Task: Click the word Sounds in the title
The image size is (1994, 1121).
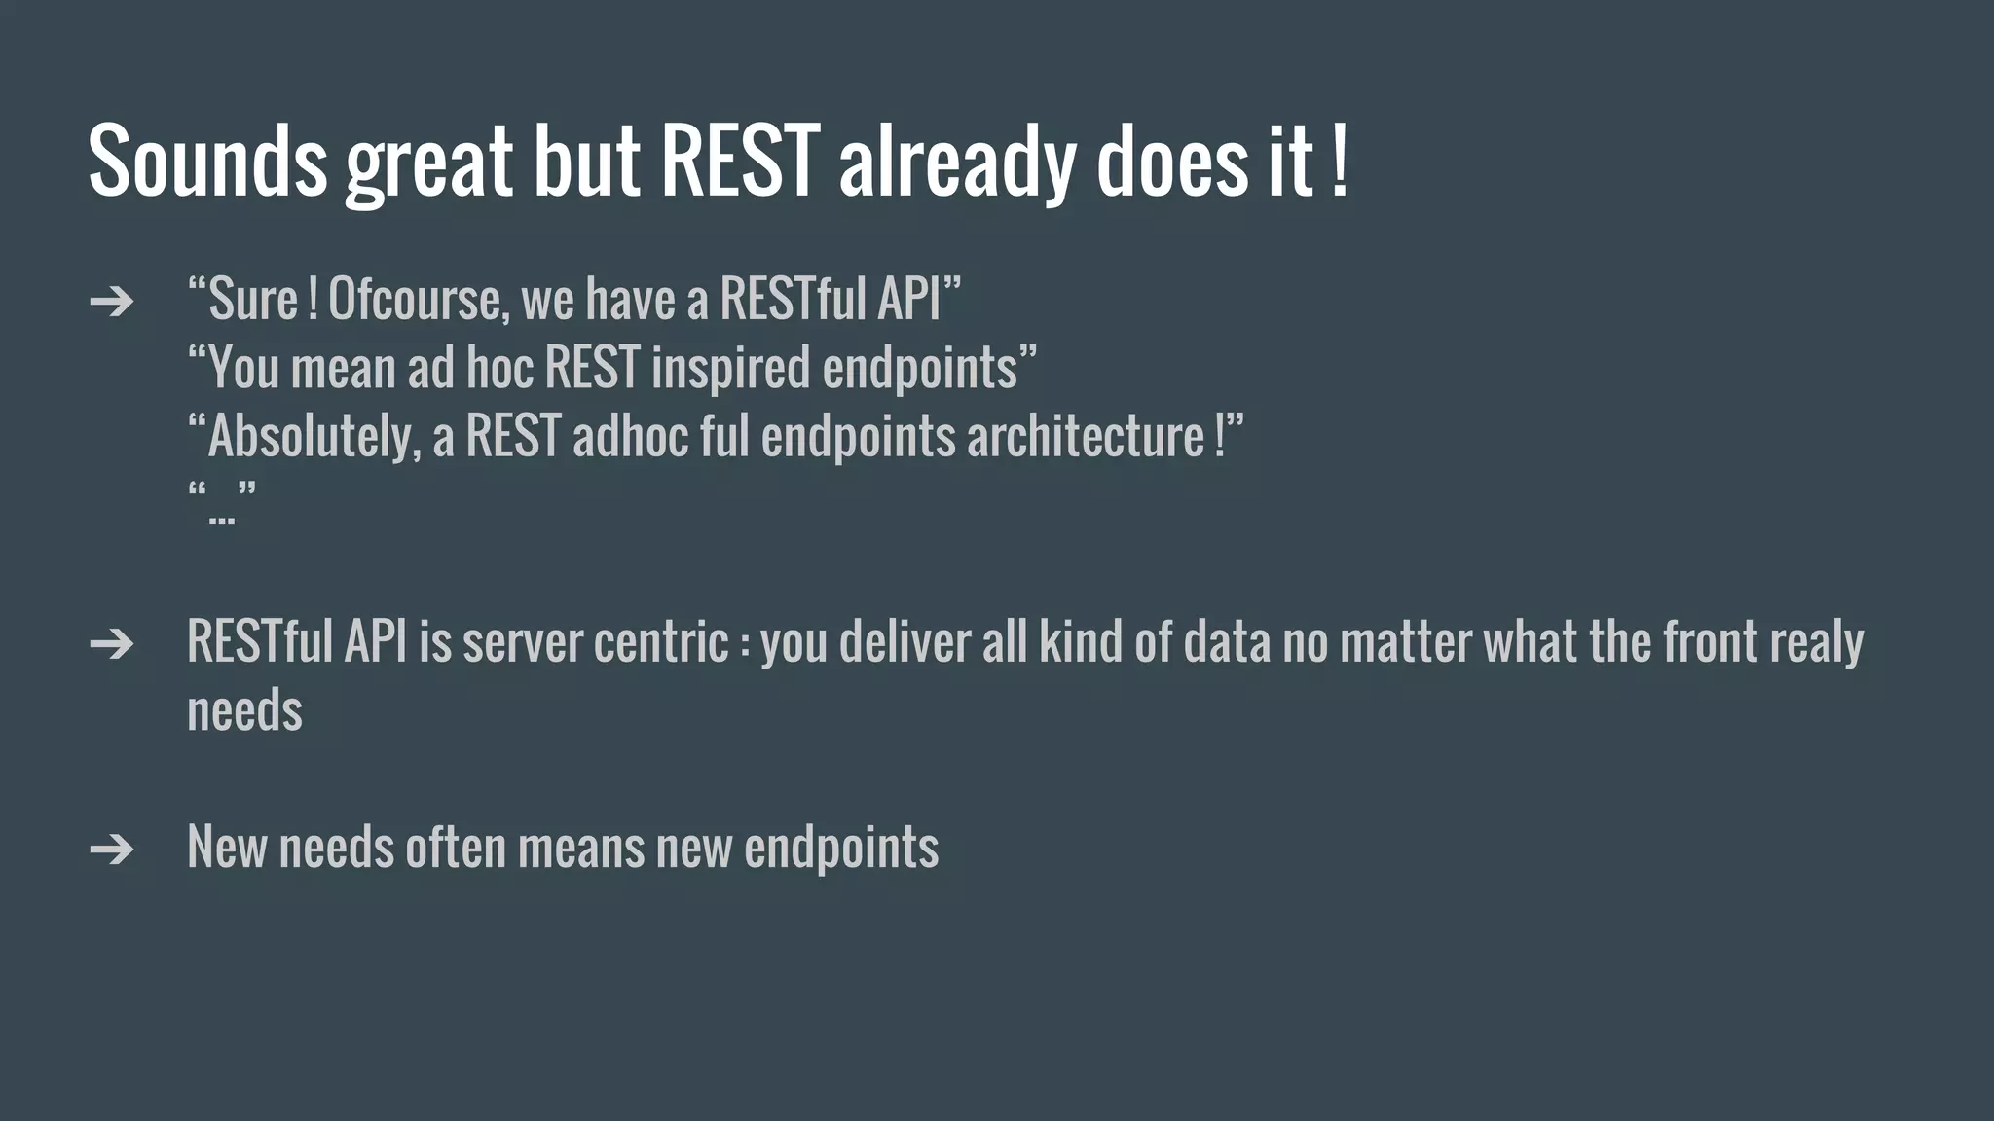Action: [206, 161]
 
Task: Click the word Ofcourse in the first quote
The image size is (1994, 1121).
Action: [418, 300]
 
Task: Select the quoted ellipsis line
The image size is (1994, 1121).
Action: [221, 504]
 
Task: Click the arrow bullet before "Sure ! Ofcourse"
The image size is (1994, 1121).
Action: [111, 302]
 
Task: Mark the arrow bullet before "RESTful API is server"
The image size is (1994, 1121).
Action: [111, 644]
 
